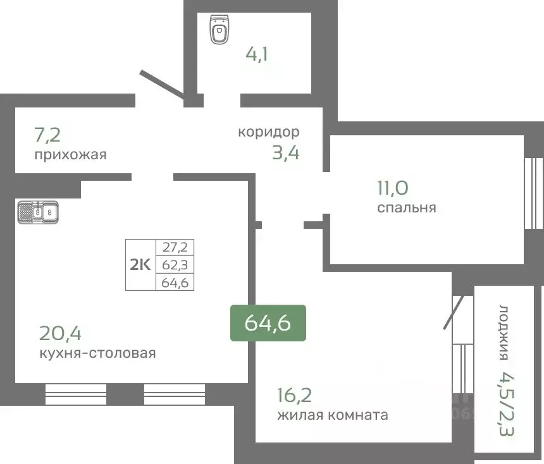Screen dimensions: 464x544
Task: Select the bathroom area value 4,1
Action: [x=257, y=53]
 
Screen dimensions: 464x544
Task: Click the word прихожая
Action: [x=70, y=155]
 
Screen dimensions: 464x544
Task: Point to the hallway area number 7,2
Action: [x=48, y=134]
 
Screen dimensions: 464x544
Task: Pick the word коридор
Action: [x=268, y=132]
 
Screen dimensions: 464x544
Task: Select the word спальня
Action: [x=406, y=207]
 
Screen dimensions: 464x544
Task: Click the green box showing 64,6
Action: [x=268, y=323]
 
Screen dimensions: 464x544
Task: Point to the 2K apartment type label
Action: [x=140, y=265]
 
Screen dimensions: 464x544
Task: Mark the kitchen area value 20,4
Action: [x=61, y=333]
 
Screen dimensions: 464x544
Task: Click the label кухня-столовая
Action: [x=97, y=353]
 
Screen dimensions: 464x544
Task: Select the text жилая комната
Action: [x=332, y=415]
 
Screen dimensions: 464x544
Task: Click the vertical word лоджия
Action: [x=504, y=333]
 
